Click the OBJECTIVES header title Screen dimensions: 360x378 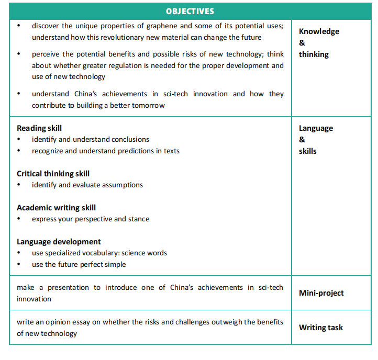click(190, 11)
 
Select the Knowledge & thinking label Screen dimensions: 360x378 click(318, 42)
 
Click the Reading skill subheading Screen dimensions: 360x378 click(39, 128)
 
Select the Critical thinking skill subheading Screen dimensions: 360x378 click(53, 173)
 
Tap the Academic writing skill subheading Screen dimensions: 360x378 click(56, 207)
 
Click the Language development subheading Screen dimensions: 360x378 click(59, 241)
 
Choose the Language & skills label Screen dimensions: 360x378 click(315, 139)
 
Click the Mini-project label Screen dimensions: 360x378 click(321, 293)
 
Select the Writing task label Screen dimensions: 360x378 click(320, 328)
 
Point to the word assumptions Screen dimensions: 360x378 click(124, 185)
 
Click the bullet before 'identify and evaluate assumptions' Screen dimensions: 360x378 click(19, 185)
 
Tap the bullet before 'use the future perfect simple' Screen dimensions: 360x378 click(19, 265)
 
